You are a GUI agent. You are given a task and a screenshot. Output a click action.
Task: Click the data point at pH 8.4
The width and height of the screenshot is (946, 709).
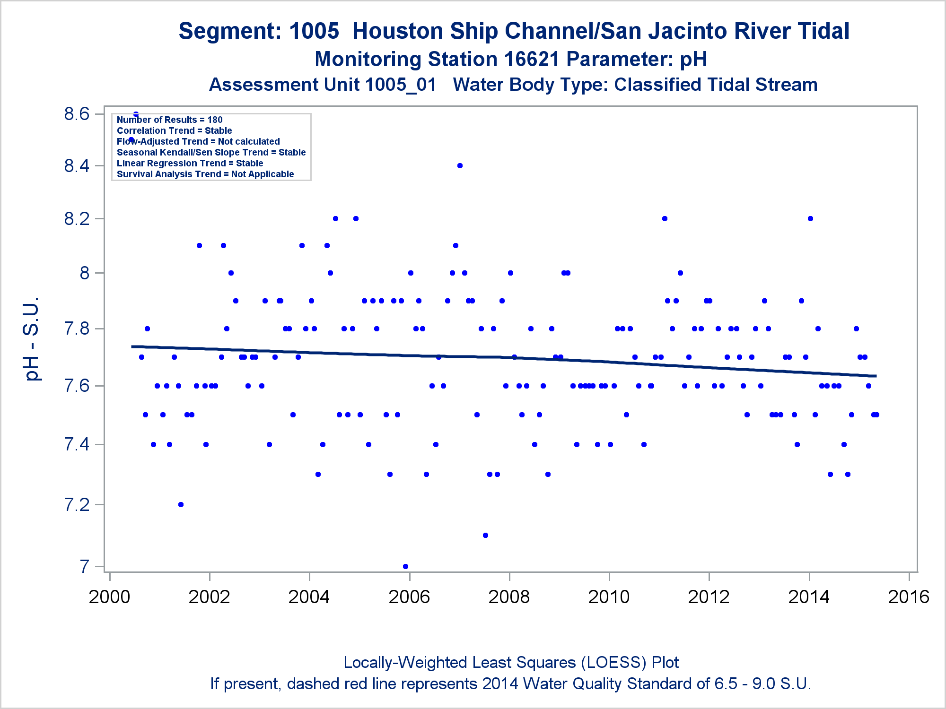(460, 165)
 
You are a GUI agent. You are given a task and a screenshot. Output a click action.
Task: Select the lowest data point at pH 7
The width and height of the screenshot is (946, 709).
(405, 566)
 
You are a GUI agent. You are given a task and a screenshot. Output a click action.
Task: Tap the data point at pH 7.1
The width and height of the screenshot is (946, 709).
(485, 535)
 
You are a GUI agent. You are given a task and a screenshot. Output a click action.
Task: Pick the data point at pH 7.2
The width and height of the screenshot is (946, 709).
(181, 504)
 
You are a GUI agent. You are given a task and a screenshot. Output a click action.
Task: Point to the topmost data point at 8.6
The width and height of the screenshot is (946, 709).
(136, 114)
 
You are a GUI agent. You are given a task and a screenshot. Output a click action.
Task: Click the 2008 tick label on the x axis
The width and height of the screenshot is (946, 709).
(509, 597)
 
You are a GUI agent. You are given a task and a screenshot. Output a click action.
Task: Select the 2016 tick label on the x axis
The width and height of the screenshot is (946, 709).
(909, 597)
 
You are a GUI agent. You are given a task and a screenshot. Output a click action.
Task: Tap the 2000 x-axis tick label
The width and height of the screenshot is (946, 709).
(109, 597)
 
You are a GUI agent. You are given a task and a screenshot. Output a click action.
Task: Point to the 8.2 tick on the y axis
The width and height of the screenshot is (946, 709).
(77, 219)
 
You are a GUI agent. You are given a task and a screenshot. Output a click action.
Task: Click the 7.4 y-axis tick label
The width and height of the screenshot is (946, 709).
(77, 444)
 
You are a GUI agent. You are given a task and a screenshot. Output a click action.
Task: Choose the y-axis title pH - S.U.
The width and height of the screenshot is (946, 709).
(32, 339)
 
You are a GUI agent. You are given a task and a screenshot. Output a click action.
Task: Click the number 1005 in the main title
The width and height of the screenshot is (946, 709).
(314, 31)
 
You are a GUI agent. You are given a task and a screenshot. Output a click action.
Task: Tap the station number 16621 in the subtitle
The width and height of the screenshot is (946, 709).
(532, 60)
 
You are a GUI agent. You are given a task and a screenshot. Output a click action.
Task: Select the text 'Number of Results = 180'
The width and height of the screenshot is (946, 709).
(169, 120)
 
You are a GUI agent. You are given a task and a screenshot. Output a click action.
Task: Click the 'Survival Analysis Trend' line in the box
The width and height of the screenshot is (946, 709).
(205, 174)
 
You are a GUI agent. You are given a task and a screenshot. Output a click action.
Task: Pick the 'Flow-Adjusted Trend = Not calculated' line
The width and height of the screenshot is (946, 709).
(198, 141)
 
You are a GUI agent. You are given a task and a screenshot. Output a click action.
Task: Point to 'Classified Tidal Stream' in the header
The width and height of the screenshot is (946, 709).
(716, 85)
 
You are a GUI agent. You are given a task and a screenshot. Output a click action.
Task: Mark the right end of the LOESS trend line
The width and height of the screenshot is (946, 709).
(876, 376)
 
